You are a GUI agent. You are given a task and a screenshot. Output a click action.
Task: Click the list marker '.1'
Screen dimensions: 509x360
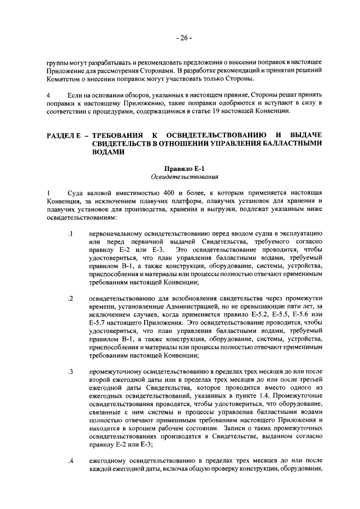70,233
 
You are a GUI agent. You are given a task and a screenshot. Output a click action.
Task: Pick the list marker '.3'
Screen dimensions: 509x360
70,372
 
